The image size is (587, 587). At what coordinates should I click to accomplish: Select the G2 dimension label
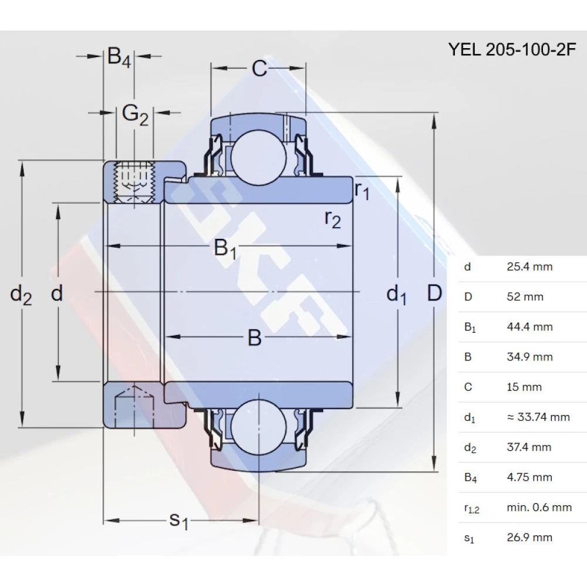coord(134,114)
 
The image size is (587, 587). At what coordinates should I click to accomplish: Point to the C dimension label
coord(259,69)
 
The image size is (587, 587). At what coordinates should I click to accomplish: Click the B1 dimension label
coord(225,248)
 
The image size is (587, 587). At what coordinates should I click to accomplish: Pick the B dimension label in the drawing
coord(254,338)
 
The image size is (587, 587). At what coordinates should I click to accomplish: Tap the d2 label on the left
coord(21,293)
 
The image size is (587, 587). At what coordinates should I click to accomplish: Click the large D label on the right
coord(434,292)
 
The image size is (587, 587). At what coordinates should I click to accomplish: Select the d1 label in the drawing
coord(396,294)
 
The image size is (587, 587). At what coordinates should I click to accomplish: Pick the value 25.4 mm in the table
coord(529,266)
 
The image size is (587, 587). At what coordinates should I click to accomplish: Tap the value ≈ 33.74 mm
coord(538,417)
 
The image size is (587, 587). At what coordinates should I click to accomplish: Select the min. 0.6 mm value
coord(539,507)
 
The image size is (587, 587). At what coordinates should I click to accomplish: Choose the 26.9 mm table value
coord(529,537)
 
